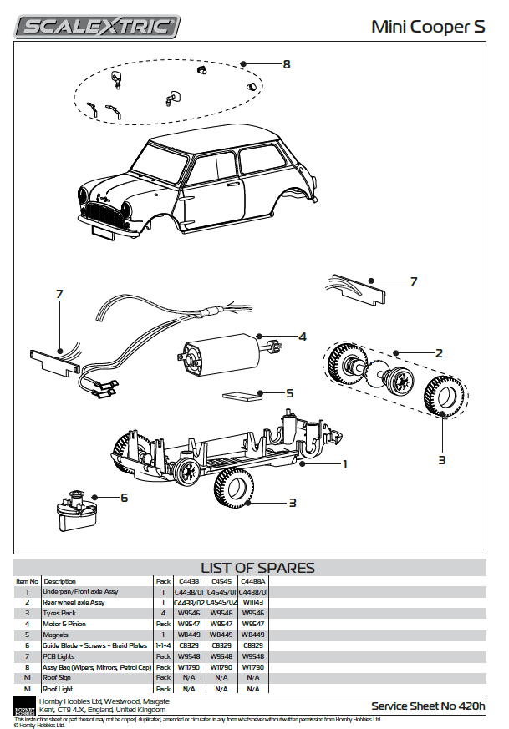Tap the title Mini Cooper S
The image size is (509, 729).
[x=428, y=27]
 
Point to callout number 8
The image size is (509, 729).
[x=286, y=64]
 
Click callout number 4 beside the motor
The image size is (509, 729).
[x=303, y=337]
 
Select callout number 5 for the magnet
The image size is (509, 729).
[x=289, y=392]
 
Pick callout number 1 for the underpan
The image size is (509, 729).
[x=344, y=463]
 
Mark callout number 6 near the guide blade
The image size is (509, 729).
[x=124, y=498]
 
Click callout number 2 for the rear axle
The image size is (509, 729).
[x=438, y=353]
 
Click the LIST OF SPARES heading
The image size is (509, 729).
[x=257, y=568]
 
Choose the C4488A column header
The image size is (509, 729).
[x=253, y=581]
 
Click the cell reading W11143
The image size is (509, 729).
[x=253, y=602]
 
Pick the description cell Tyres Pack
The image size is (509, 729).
[x=61, y=613]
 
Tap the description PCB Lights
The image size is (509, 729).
[x=59, y=656]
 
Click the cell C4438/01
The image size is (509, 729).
[x=187, y=592]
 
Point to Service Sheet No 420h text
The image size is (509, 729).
[x=428, y=706]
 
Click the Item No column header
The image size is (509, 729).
[x=28, y=581]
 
